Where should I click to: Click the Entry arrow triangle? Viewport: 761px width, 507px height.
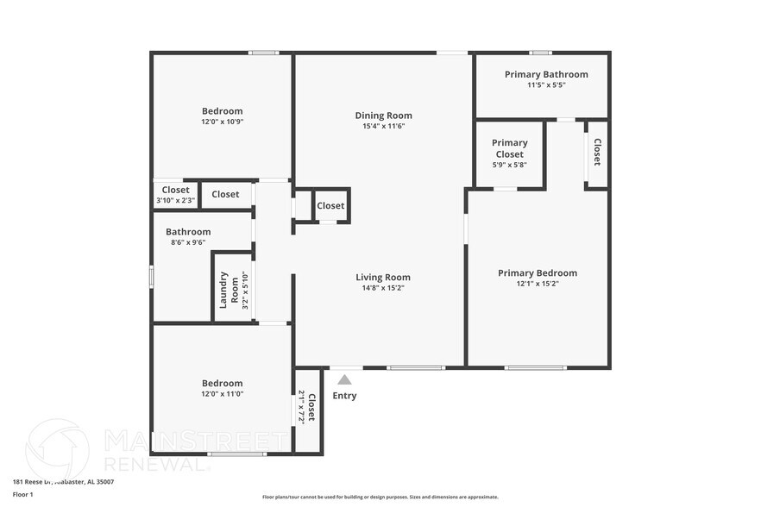344,379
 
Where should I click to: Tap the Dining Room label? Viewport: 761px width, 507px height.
383,116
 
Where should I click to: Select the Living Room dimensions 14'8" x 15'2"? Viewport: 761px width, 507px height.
383,288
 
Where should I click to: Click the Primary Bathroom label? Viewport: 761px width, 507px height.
546,74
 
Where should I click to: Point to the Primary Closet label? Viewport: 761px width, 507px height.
509,148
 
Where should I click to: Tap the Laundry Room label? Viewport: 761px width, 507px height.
228,290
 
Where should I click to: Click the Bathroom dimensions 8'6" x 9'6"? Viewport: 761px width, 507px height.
188,242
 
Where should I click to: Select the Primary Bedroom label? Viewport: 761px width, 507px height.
538,273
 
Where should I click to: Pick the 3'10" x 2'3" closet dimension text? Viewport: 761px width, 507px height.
175,200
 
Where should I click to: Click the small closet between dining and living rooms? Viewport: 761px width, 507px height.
330,206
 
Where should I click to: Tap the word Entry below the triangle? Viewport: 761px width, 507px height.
344,396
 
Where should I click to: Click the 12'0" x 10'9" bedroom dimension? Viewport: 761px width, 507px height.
222,122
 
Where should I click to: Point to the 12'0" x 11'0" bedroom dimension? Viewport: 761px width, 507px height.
222,394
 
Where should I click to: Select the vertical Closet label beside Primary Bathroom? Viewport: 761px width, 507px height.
596,152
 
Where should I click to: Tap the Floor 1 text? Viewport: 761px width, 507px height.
22,494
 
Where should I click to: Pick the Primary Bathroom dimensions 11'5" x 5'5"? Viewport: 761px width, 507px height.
546,85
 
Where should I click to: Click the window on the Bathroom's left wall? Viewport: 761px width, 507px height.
152,276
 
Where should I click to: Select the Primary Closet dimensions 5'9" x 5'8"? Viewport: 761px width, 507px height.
509,165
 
